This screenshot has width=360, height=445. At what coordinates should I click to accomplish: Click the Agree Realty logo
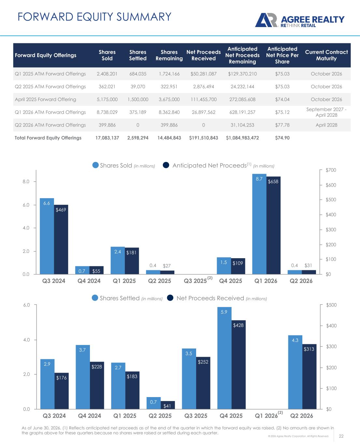click(x=300, y=20)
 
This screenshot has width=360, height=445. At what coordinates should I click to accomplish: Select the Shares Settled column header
click(x=137, y=55)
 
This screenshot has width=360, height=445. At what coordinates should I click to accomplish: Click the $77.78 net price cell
click(x=282, y=125)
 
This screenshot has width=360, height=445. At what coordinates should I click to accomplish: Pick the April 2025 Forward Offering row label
click(x=45, y=99)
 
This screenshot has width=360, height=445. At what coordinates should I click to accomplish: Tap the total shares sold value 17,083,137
click(x=107, y=138)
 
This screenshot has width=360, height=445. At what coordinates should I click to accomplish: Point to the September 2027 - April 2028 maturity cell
click(x=326, y=112)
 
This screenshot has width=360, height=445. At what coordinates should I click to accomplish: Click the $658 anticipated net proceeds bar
click(x=273, y=225)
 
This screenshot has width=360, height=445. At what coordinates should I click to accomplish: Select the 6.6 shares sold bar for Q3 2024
click(x=47, y=236)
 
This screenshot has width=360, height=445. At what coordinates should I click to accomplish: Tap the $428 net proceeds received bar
click(x=238, y=364)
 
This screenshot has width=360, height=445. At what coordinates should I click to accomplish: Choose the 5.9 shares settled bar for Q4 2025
click(x=224, y=358)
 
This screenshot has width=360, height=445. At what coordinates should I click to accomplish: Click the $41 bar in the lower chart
click(x=168, y=405)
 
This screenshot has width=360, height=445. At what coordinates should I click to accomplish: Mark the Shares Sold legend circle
click(x=95, y=165)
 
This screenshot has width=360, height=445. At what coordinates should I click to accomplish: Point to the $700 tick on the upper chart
click(x=331, y=170)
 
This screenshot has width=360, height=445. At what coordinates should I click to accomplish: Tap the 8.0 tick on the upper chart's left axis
click(x=26, y=182)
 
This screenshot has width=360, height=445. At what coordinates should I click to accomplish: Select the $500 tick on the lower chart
click(x=331, y=305)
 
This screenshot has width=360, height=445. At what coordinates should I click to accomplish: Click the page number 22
click(x=341, y=436)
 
